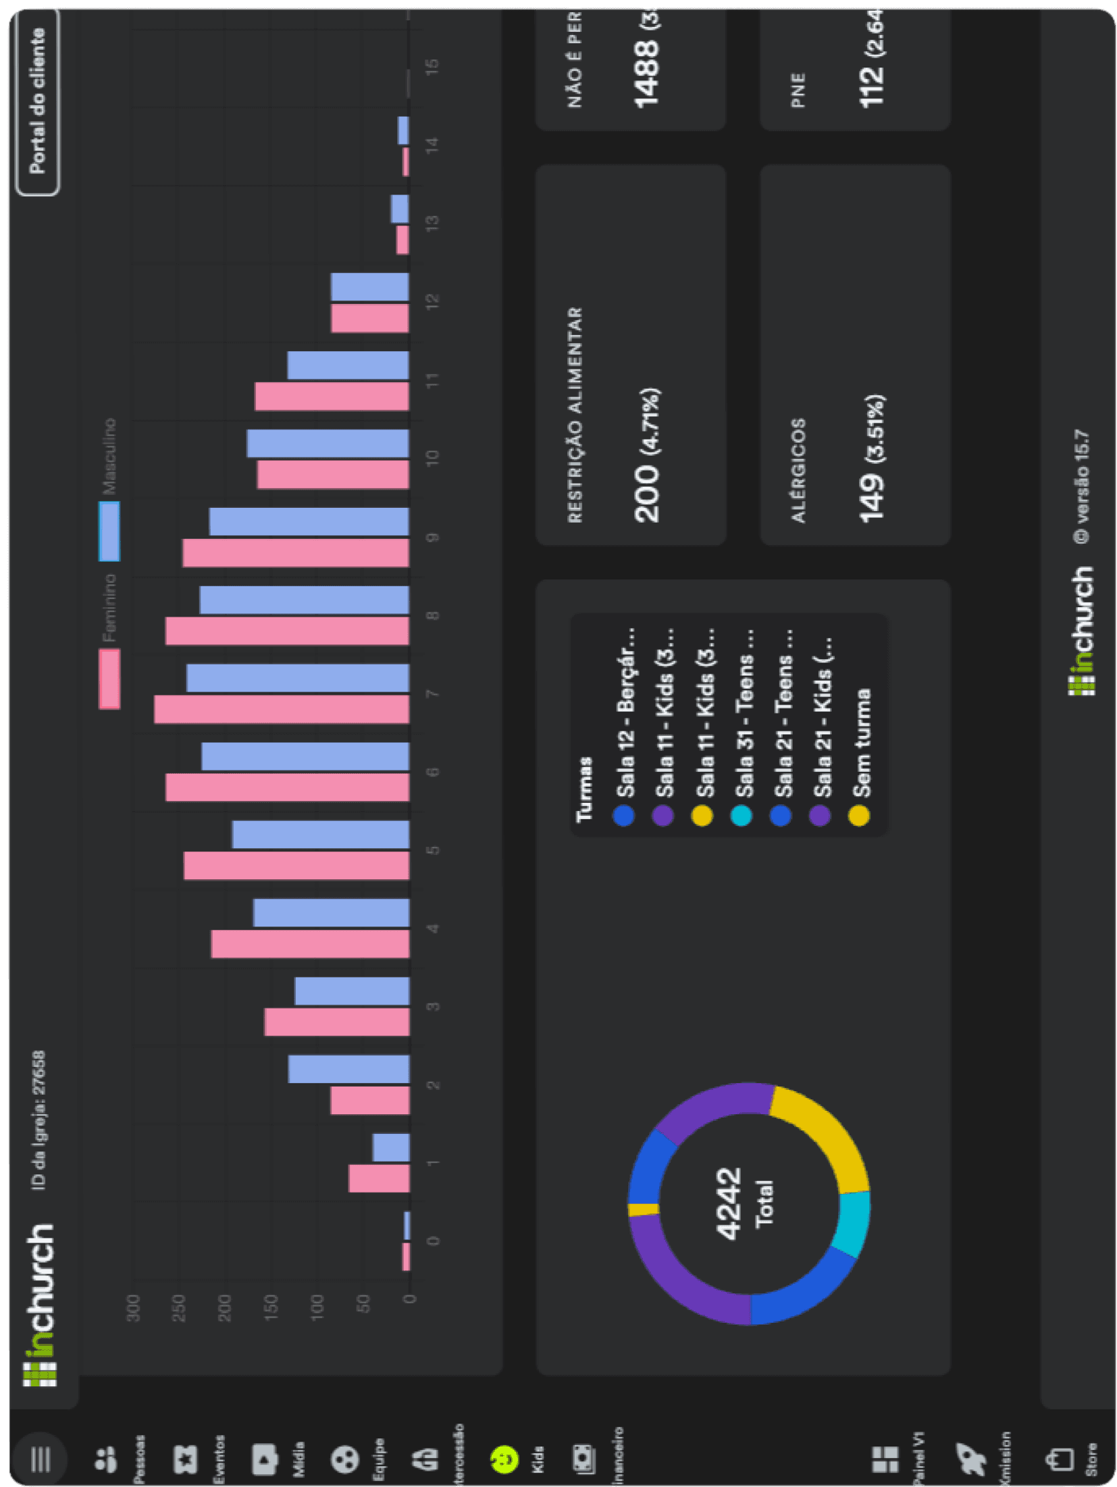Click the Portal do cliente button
pos(37,101)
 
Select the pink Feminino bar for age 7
pos(282,709)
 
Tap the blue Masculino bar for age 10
pos(328,444)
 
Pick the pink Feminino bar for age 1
pos(379,1178)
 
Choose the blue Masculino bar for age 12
pos(369,287)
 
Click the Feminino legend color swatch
pos(109,679)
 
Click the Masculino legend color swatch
pos(109,531)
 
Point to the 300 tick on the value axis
pos(134,1308)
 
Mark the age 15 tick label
pos(432,66)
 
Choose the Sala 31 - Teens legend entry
pos(743,729)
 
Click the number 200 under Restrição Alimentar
pos(646,494)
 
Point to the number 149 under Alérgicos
pos(871,497)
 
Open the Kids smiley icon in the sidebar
pos(504,1459)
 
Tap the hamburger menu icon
pos(41,1459)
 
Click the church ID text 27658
pos(39,1073)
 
